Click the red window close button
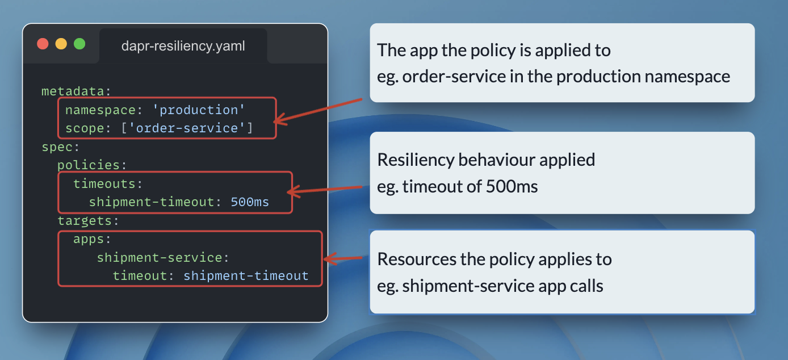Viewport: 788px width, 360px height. (x=43, y=44)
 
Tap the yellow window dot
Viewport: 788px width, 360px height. (x=61, y=44)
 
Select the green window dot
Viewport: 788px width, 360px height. (x=79, y=44)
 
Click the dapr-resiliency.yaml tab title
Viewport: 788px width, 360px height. (x=183, y=46)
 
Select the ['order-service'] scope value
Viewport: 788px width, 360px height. (x=187, y=128)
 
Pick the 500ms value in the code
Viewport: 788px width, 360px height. (x=250, y=202)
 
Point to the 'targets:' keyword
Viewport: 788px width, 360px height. (x=88, y=220)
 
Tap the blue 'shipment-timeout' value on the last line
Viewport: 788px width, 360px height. (x=246, y=276)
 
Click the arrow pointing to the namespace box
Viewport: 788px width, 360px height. (x=318, y=110)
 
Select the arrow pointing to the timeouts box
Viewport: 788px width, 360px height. (x=326, y=189)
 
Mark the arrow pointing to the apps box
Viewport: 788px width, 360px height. (x=343, y=259)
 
